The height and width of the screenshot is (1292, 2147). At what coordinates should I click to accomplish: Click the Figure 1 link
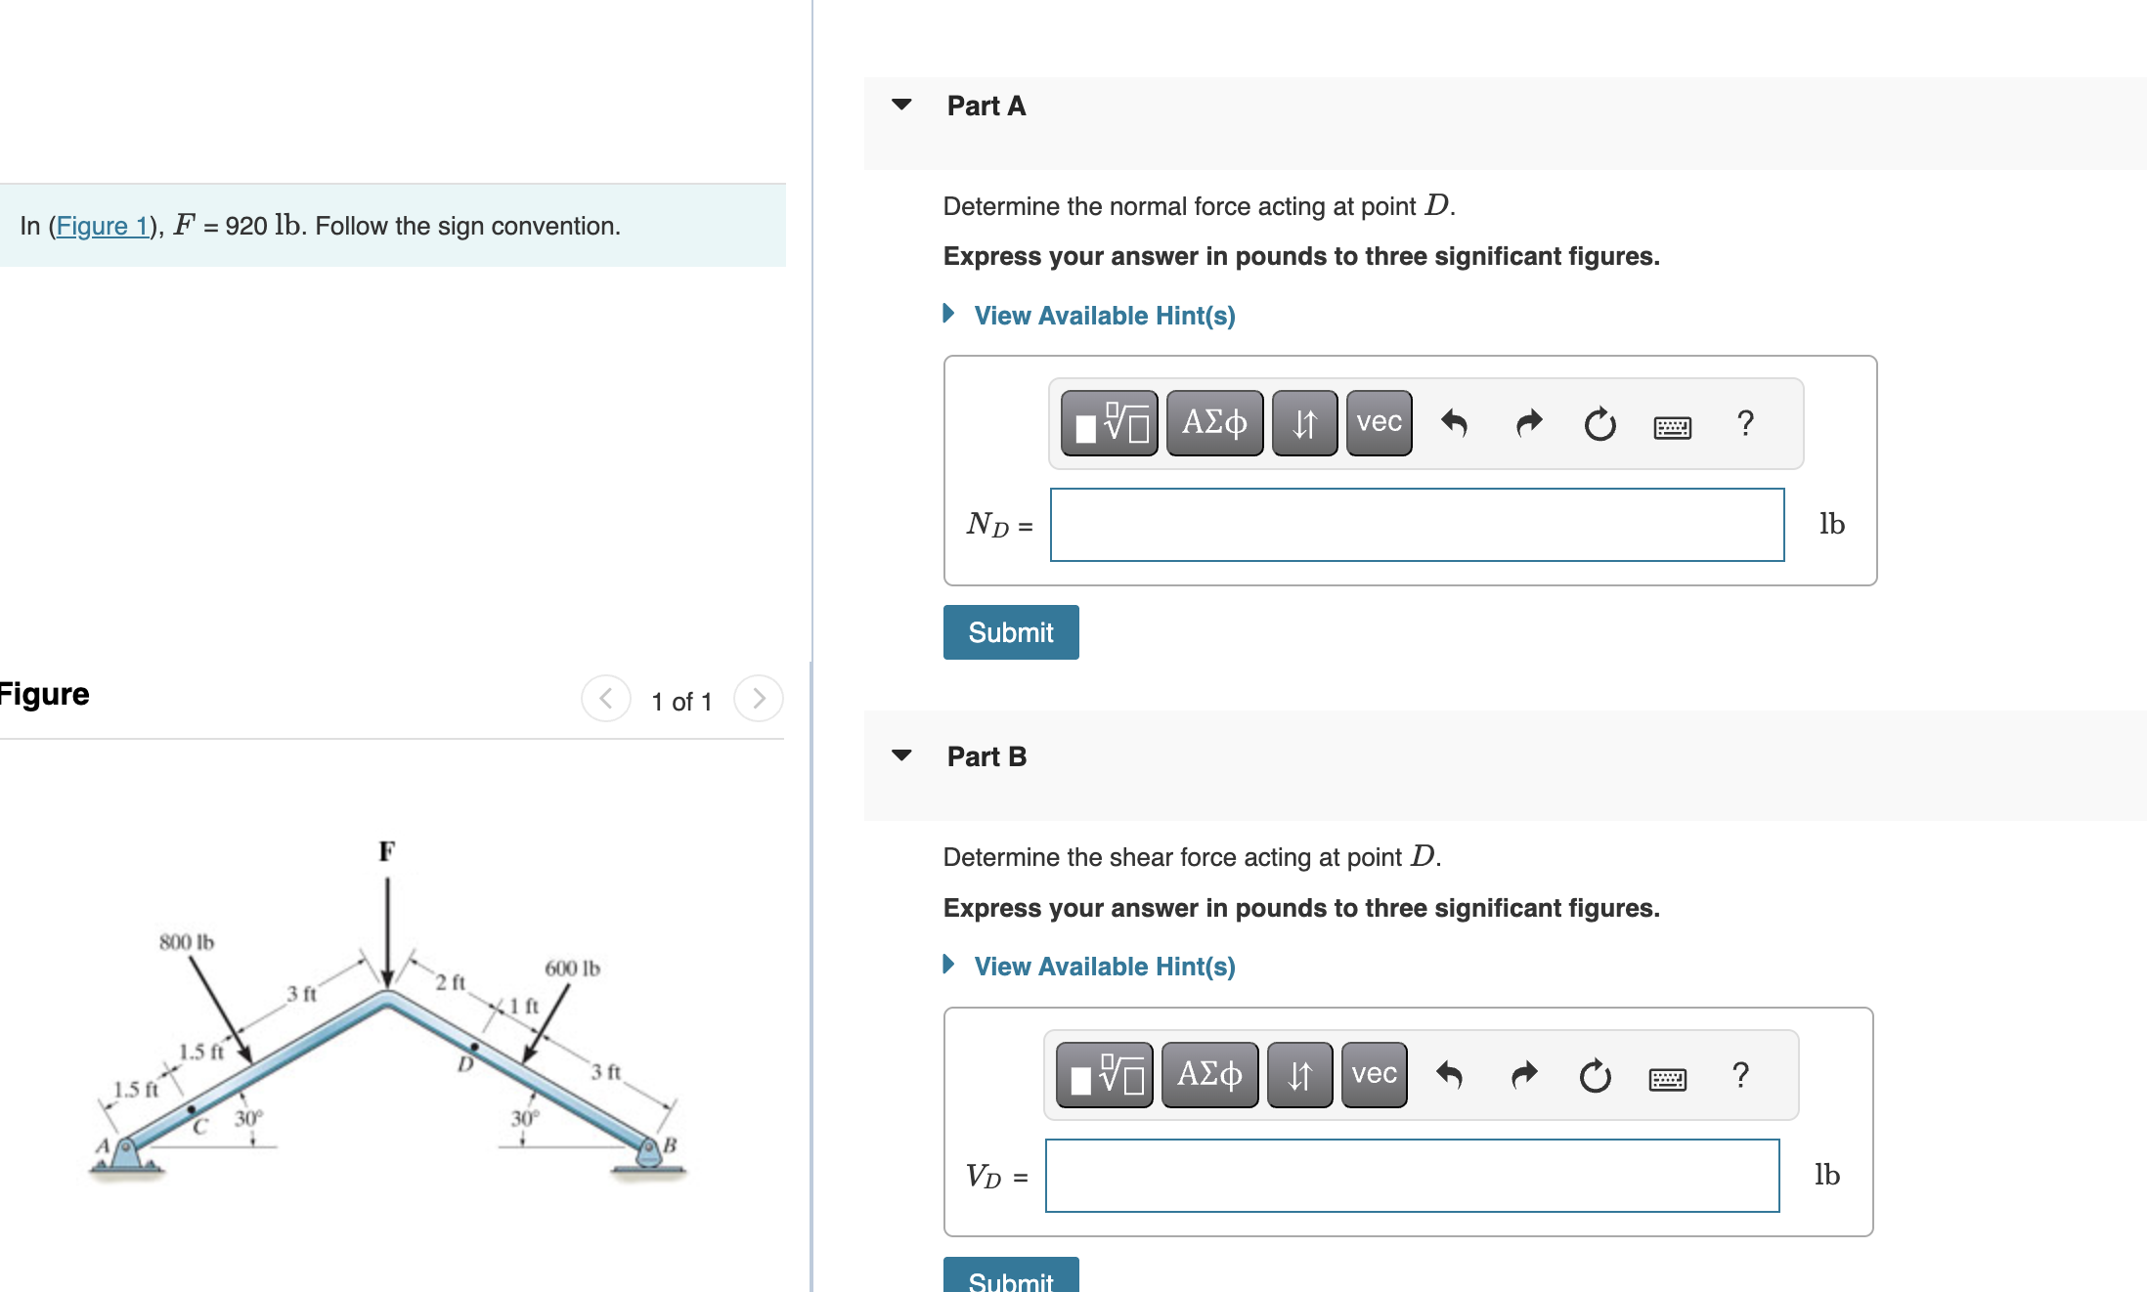[x=102, y=226]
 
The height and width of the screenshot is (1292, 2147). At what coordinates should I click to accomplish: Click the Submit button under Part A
[x=1010, y=632]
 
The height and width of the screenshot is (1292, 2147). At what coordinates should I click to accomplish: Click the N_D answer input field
[x=1416, y=525]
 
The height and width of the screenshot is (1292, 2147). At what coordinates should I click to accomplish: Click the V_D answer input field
[x=1411, y=1176]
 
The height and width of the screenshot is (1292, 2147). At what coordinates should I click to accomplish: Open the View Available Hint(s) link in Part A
[x=1104, y=316]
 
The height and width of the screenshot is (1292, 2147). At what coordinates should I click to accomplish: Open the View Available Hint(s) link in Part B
[x=1104, y=967]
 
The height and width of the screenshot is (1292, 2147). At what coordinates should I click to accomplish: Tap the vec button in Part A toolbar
[x=1379, y=423]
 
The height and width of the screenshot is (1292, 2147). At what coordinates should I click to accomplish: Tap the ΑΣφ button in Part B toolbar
[x=1209, y=1075]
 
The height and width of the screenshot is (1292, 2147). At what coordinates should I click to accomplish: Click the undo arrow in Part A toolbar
[x=1454, y=423]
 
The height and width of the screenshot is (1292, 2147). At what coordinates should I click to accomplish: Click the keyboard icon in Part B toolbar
[x=1667, y=1078]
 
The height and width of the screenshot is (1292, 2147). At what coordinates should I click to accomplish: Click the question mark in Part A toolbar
[x=1745, y=423]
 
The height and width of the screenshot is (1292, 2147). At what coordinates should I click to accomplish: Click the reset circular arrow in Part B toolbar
[x=1595, y=1076]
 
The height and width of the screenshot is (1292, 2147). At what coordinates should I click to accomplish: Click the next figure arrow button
[x=759, y=699]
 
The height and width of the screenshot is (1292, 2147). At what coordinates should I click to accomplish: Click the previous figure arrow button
[x=606, y=699]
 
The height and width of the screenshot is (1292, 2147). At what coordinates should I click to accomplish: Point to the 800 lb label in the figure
[x=186, y=942]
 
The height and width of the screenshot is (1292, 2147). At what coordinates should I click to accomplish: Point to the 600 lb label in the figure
[x=572, y=969]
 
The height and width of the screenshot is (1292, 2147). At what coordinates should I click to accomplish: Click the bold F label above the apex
[x=387, y=851]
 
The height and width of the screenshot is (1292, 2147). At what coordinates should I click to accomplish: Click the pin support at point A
[x=125, y=1155]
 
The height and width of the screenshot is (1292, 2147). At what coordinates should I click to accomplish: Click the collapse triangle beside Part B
[x=901, y=755]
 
